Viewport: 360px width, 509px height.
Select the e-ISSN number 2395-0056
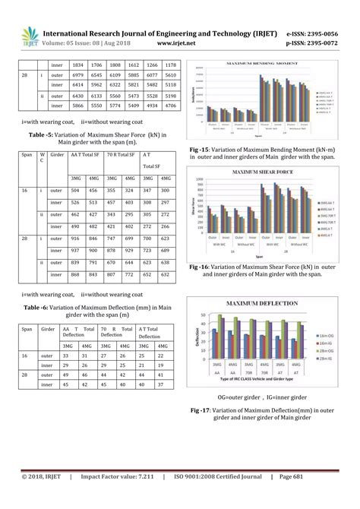(320, 33)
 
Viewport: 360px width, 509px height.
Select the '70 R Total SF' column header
(121, 153)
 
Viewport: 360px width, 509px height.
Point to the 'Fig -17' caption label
(202, 410)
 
